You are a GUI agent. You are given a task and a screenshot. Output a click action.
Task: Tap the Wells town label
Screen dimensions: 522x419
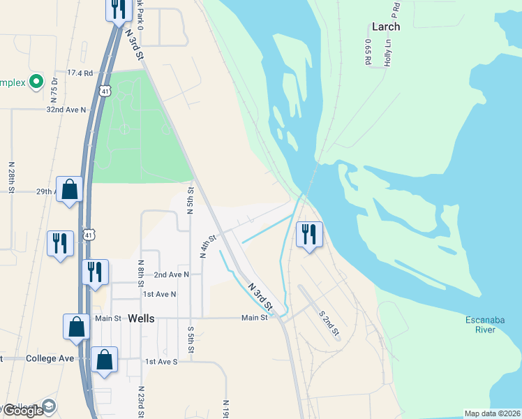141,318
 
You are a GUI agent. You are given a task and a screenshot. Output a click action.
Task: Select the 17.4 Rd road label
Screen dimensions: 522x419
80,73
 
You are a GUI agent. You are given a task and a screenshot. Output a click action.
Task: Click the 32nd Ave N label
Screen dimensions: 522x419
66,110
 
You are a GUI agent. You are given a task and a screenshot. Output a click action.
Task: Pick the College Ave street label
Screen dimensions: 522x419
50,358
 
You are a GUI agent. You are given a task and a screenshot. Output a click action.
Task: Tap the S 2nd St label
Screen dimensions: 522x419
329,323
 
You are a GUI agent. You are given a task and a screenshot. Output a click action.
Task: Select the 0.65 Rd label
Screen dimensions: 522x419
367,52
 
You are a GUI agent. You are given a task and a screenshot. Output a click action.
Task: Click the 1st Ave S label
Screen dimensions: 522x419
161,362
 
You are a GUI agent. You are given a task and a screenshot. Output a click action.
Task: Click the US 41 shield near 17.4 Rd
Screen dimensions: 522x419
104,91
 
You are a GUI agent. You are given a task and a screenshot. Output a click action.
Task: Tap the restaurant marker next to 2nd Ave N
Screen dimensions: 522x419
95,272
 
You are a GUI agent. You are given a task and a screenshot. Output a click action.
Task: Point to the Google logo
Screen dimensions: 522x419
23,411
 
